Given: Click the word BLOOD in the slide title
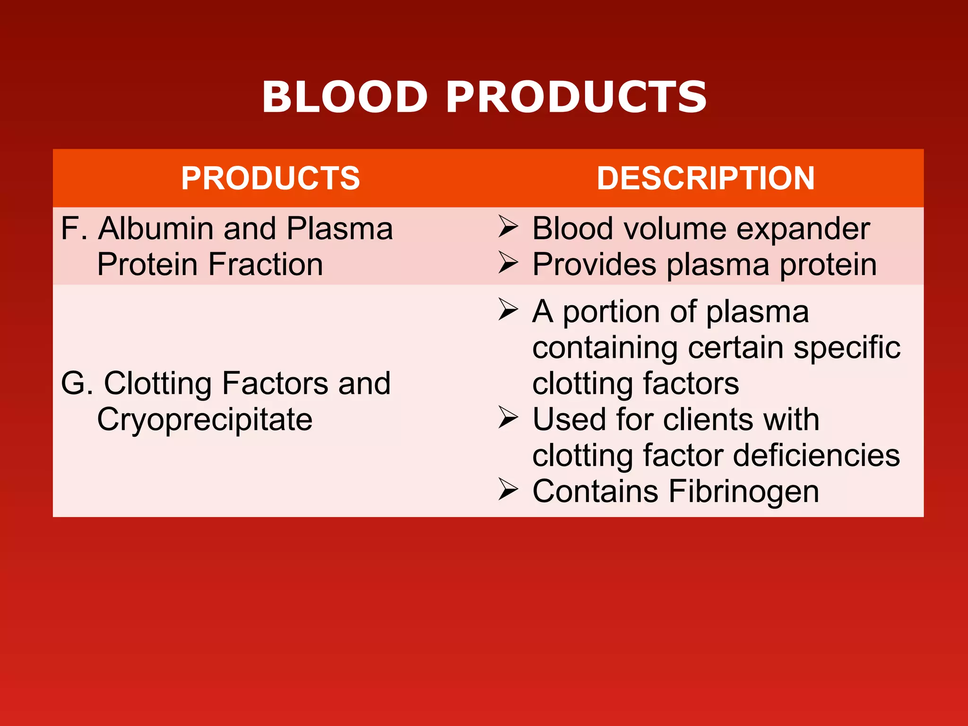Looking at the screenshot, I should click(345, 97).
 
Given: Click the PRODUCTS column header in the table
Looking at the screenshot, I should click(270, 178).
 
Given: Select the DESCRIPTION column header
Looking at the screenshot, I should click(706, 178).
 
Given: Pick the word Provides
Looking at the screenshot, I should click(594, 265).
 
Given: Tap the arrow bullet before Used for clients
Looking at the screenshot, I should click(508, 417).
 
